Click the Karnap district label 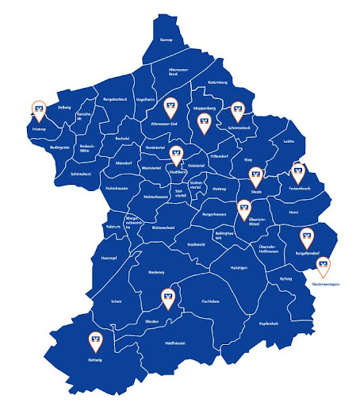click(x=166, y=39)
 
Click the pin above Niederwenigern click(x=324, y=265)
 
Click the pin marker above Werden click(x=167, y=298)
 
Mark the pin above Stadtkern click(x=176, y=152)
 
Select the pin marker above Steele click(x=255, y=174)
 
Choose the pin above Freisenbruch click(x=298, y=170)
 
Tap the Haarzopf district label click(x=109, y=258)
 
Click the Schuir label click(x=117, y=301)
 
